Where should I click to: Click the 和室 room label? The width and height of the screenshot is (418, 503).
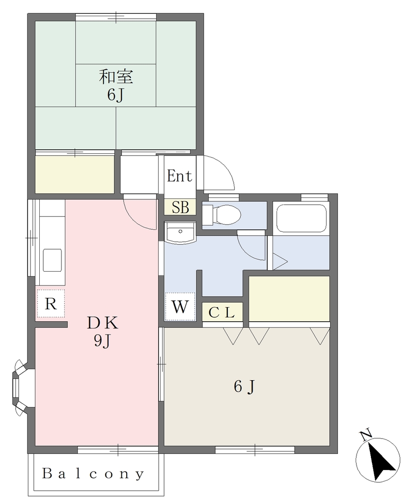pos(115,77)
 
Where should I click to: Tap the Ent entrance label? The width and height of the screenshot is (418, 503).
pos(179,176)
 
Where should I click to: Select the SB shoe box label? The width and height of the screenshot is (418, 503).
pos(180,207)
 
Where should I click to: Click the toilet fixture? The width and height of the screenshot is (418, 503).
pos(222,215)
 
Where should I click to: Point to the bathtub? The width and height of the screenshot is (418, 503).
pos(301,218)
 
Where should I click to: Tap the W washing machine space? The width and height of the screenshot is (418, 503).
pos(180,307)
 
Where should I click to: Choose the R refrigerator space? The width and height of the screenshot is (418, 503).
pos(51,304)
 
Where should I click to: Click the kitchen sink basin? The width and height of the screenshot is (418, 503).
pos(52,260)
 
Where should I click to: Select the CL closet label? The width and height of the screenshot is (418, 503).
pos(222,312)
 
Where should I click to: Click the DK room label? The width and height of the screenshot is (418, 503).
pos(103,323)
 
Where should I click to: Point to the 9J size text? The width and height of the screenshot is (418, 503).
pos(102,341)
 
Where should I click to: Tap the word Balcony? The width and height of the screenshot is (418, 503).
pos(93,474)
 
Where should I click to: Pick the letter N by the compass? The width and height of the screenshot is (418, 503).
pos(366,435)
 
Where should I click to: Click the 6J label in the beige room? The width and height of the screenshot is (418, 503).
pos(244,387)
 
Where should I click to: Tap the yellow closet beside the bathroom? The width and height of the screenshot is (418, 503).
pos(289,298)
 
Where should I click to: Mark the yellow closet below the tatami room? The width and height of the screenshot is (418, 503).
pos(75,174)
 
